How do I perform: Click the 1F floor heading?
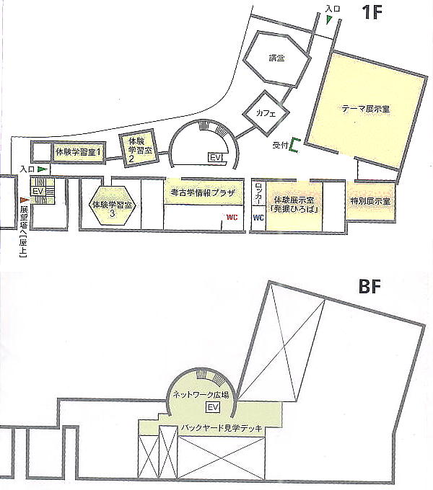tap(372, 12)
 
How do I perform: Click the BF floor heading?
tap(369, 287)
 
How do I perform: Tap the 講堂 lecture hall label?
tap(277, 58)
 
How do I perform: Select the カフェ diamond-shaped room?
tap(266, 113)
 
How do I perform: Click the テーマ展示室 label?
tap(366, 109)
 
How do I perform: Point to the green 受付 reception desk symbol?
tap(294, 145)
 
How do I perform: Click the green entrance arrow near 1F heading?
tap(328, 19)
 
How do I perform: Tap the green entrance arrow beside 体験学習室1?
tap(43, 169)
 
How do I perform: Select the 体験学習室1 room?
tap(78, 152)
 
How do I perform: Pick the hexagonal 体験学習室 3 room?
tap(113, 205)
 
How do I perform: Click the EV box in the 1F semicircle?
tap(216, 157)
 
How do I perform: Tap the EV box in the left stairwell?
tap(38, 191)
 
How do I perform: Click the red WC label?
tap(232, 217)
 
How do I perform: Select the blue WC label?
tap(258, 218)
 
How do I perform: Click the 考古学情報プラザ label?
tap(203, 192)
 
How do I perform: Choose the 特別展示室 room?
tap(370, 201)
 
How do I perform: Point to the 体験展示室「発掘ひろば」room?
tap(294, 206)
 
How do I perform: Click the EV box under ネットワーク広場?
tap(213, 407)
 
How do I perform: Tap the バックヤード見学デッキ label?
tap(222, 427)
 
